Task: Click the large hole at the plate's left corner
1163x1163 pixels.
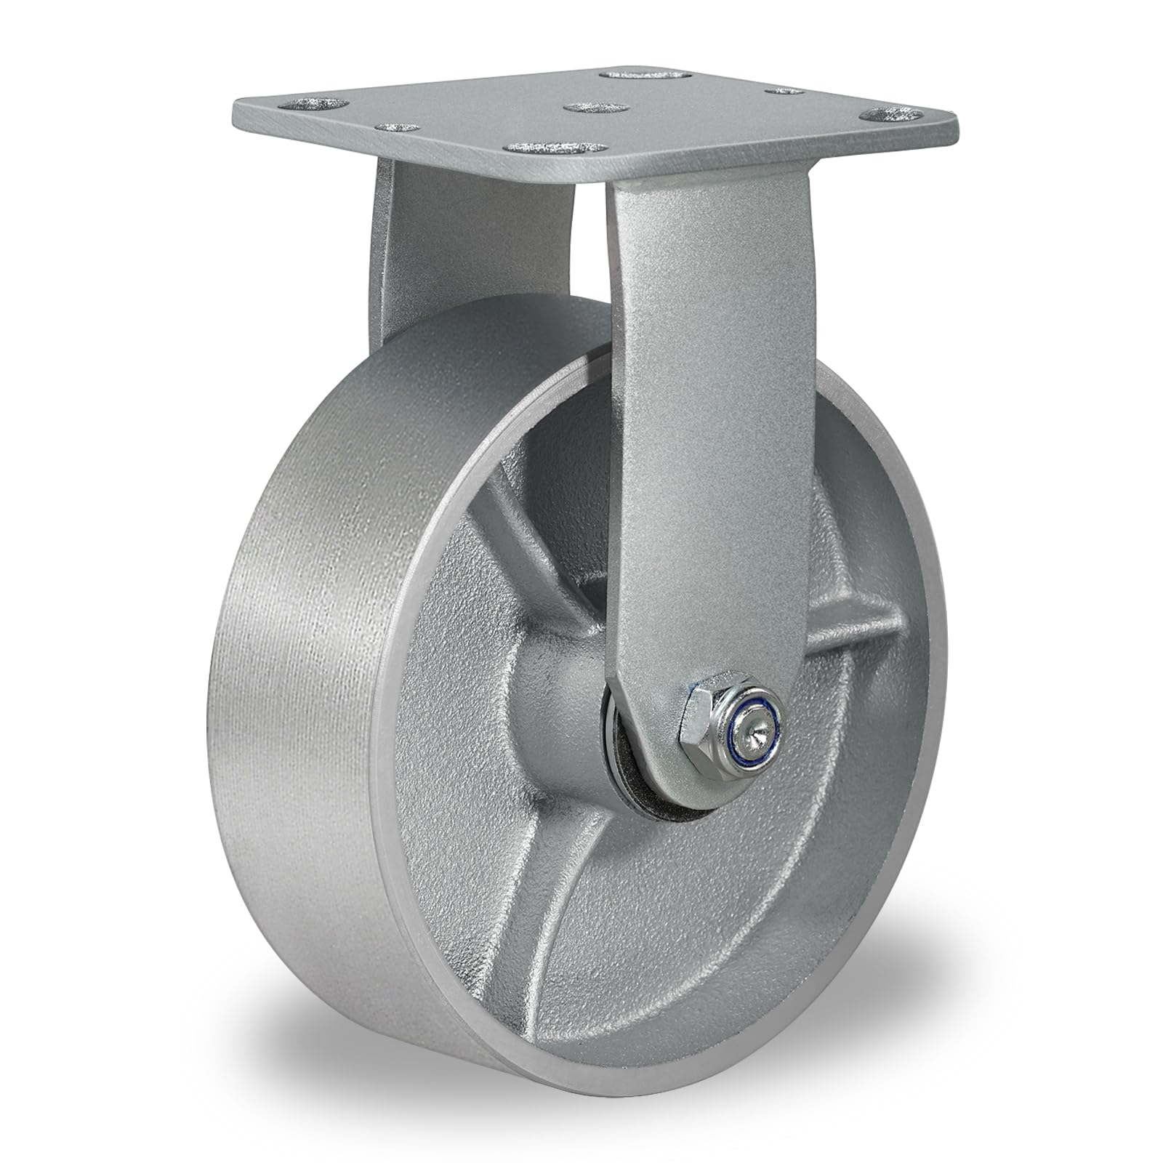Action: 315,104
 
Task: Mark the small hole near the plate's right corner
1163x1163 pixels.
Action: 785,91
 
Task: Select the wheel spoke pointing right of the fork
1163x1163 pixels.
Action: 858,625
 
